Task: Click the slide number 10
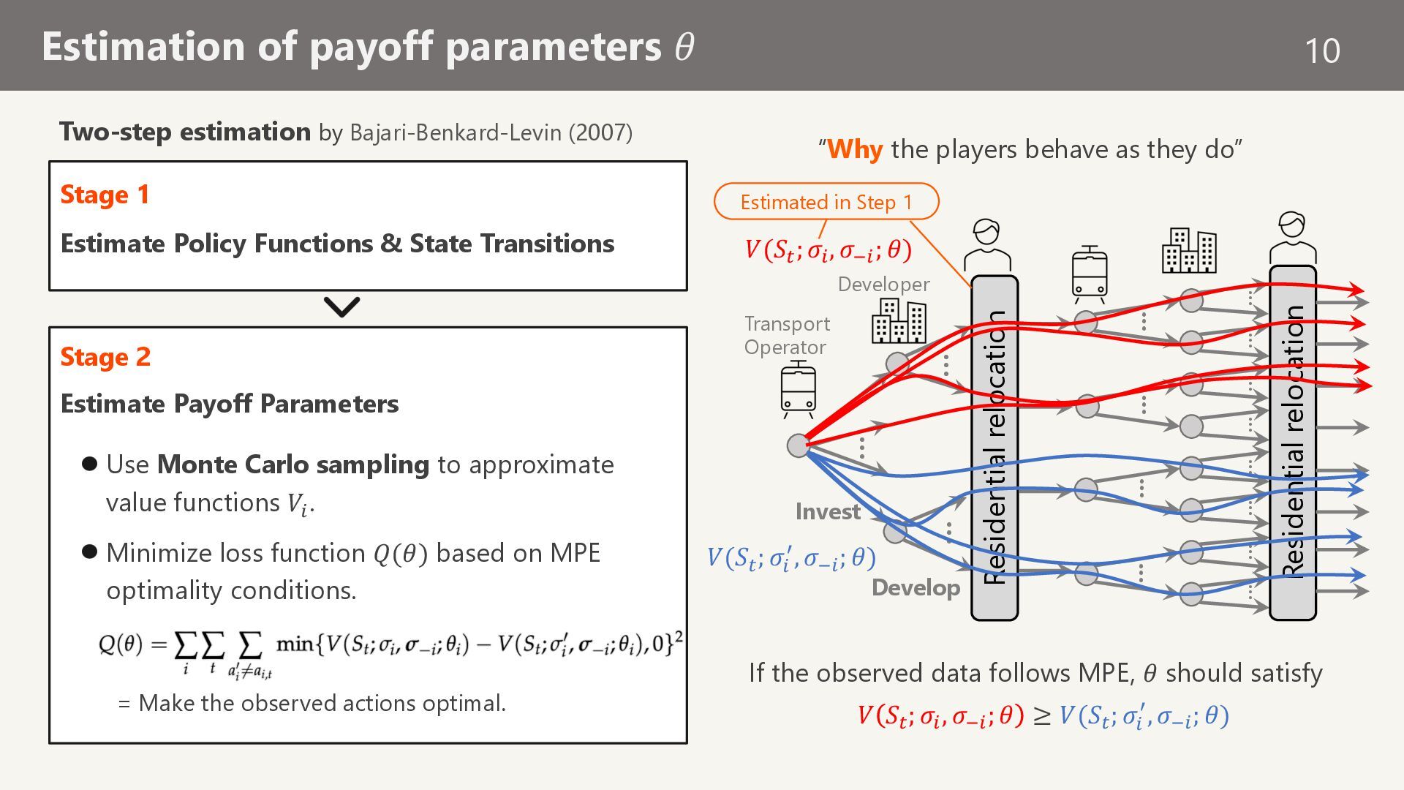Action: click(1322, 50)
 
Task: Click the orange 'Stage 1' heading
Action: click(105, 195)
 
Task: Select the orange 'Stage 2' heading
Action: click(105, 357)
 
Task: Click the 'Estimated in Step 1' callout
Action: click(826, 202)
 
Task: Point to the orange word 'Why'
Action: click(855, 149)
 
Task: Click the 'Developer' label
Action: click(883, 285)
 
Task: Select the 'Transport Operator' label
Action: click(787, 336)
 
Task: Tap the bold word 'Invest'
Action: click(828, 511)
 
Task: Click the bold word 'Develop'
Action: click(916, 587)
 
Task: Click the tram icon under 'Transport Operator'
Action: click(798, 388)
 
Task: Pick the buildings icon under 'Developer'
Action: click(899, 320)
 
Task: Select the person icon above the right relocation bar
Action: click(1292, 237)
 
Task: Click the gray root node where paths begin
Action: click(799, 445)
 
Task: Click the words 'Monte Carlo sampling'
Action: click(293, 464)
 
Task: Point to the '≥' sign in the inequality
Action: click(1041, 715)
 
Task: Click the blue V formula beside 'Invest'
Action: click(791, 559)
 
